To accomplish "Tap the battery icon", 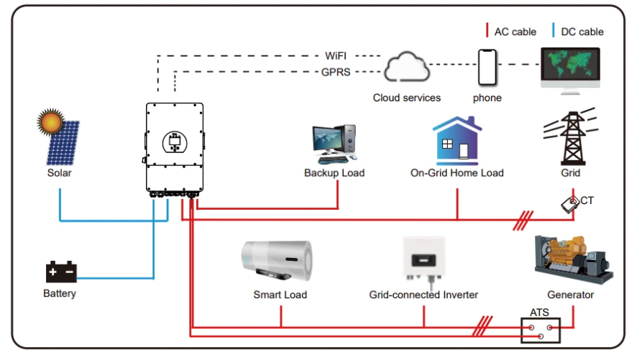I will (60, 272).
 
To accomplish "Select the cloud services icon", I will (406, 69).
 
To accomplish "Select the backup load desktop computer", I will (334, 144).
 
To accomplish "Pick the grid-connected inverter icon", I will (423, 261).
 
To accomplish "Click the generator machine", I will (572, 259).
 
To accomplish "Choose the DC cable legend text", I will (582, 32).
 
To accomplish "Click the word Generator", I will (570, 295).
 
